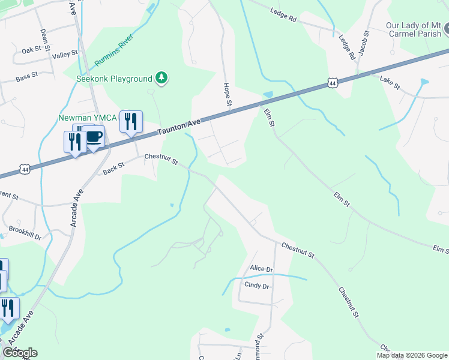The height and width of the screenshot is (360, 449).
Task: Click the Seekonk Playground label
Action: [x=114, y=78]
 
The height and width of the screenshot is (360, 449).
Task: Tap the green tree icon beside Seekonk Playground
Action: [x=161, y=77]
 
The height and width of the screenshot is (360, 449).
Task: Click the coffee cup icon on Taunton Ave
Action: [x=93, y=137]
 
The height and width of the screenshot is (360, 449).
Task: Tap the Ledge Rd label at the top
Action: [x=284, y=16]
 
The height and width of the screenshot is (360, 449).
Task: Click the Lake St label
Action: [x=390, y=83]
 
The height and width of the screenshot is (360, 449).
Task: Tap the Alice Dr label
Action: [x=261, y=269]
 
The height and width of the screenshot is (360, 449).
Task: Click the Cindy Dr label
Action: [x=256, y=286]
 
